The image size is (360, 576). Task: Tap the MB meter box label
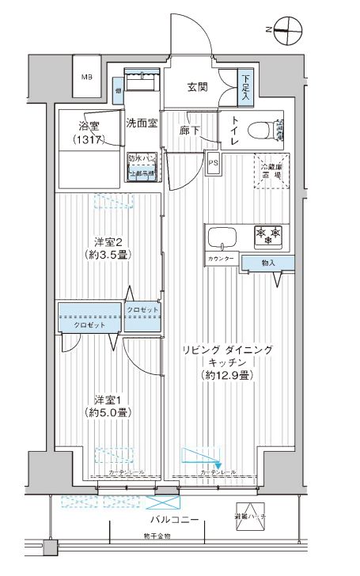pyautogui.click(x=86, y=77)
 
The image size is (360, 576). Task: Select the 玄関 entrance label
pyautogui.click(x=198, y=88)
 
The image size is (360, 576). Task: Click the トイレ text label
pyautogui.click(x=233, y=131)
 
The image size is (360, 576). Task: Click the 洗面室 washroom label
pyautogui.click(x=142, y=123)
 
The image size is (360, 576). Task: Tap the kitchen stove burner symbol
pyautogui.click(x=267, y=236)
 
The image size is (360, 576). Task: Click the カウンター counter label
pyautogui.click(x=222, y=260)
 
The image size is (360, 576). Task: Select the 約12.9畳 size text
pyautogui.click(x=225, y=375)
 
